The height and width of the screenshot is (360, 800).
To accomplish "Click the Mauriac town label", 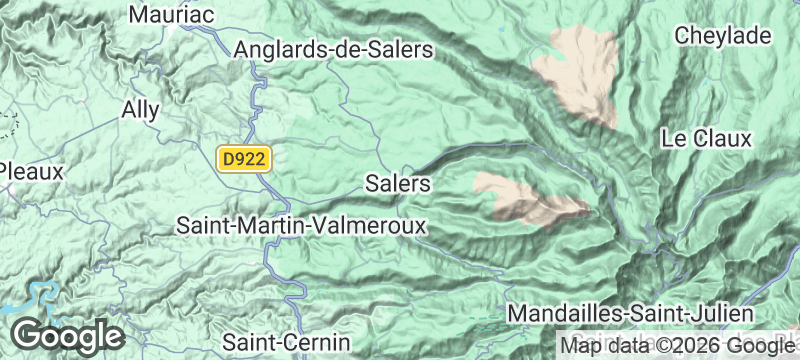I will pos(173,14).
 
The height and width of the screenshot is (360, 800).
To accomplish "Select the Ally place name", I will pos(140,109).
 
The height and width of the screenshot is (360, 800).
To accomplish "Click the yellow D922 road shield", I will pos(244,158).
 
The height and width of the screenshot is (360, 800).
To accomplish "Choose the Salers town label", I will pos(398,184).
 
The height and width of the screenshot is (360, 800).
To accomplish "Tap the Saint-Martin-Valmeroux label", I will pos(301,225).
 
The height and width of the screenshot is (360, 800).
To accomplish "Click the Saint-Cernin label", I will pos(286,340).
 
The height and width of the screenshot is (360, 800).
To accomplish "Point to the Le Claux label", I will pos(706,139).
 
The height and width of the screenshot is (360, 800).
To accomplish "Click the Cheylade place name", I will pos(724,36).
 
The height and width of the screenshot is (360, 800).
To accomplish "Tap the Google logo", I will pos(67,335).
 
